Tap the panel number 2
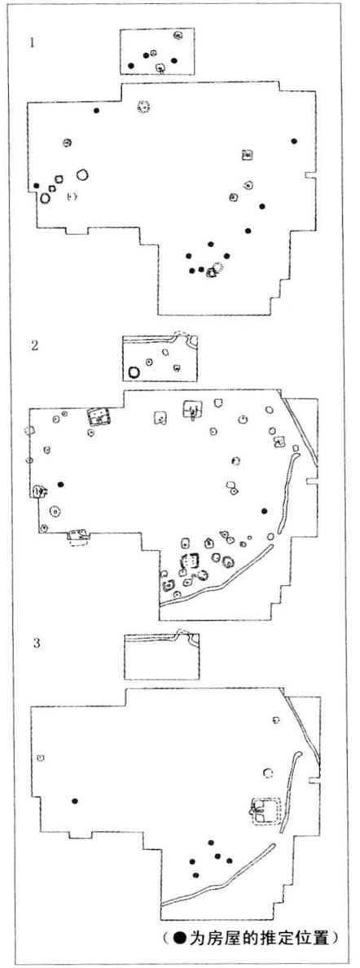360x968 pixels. click(34, 345)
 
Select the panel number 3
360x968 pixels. click(37, 643)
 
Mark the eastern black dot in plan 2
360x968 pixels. click(264, 511)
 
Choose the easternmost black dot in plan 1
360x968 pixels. click(294, 142)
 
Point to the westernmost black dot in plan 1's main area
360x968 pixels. click(37, 186)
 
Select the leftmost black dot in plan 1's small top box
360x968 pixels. click(131, 65)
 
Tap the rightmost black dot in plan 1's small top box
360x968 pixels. click(174, 60)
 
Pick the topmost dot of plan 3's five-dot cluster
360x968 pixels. click(211, 842)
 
